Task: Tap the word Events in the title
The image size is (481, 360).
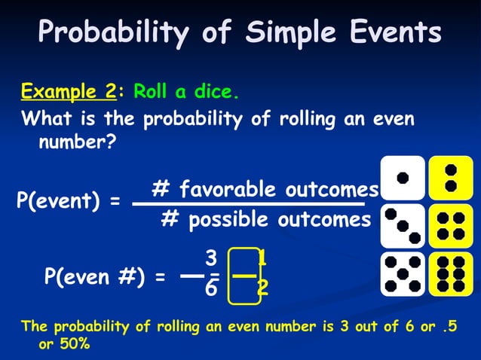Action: tap(397, 33)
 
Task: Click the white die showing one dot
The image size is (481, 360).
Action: tap(403, 178)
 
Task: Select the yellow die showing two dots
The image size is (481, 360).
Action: tap(451, 178)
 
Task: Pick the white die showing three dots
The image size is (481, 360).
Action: tap(403, 225)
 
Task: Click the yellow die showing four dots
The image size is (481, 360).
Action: tap(451, 225)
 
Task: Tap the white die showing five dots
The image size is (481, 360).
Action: tap(403, 273)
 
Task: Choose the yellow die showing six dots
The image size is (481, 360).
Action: tap(451, 273)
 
